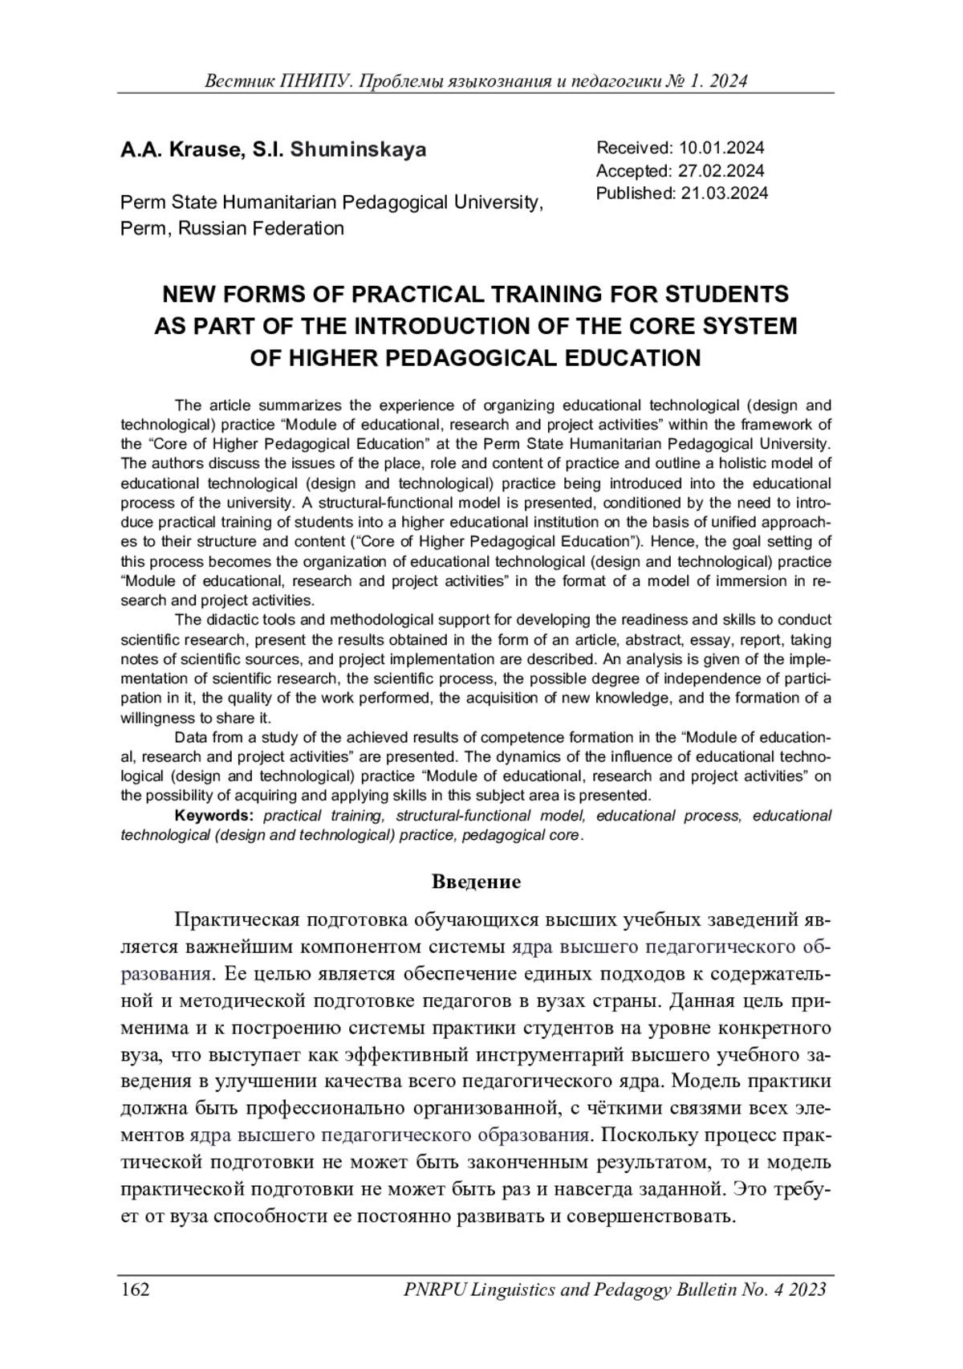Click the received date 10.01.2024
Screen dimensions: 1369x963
click(721, 148)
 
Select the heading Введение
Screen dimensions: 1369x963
click(476, 882)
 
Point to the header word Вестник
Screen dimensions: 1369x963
click(238, 81)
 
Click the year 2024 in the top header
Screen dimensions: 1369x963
click(729, 81)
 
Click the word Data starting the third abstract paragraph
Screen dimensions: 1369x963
click(189, 737)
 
